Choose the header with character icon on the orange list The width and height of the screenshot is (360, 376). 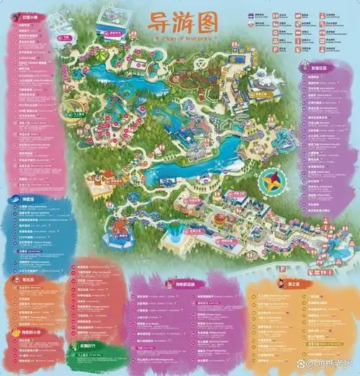coord(312,284)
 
